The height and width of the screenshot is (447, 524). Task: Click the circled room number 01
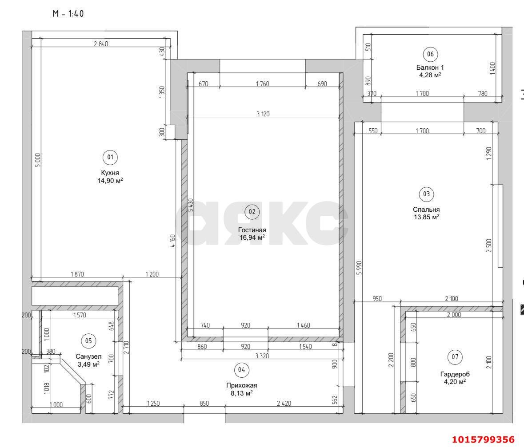coord(110,157)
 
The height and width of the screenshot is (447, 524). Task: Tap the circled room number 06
coord(430,54)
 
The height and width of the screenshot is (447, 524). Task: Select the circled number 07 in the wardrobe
coord(454,357)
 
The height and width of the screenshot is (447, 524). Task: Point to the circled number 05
coord(88,340)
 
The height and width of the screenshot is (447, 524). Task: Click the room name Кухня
coord(110,173)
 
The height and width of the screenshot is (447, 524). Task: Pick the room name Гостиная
coord(252,229)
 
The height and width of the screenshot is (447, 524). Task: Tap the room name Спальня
coord(426,210)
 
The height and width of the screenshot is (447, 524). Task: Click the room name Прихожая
coord(241,385)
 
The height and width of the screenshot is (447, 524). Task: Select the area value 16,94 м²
coord(252,237)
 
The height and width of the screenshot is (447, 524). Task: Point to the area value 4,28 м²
coord(429,75)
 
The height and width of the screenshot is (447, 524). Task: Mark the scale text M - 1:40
coord(68,14)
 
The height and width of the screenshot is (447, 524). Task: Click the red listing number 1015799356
coord(483,439)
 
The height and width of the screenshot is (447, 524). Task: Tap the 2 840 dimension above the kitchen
coord(101,44)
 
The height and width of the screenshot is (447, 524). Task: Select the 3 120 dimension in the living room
coord(263,114)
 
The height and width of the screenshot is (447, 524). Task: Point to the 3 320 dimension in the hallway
coord(261,356)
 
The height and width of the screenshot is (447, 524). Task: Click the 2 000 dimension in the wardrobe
coord(453,314)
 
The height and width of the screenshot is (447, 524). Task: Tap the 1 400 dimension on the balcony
coord(492,68)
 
